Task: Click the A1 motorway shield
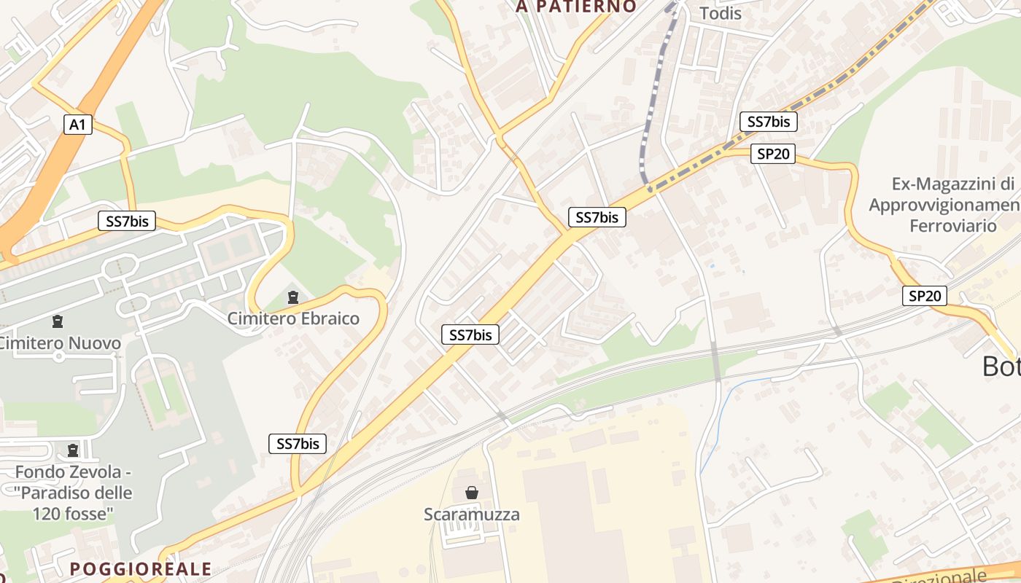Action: (x=77, y=125)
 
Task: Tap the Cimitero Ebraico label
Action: (x=293, y=318)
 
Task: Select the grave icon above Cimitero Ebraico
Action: (x=293, y=297)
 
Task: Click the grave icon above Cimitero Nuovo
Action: (x=57, y=321)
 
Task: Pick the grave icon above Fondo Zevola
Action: (x=72, y=451)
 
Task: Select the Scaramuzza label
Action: (x=472, y=514)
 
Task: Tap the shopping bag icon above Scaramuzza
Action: (x=472, y=493)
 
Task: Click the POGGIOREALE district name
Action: (x=141, y=569)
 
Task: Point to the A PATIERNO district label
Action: (x=576, y=7)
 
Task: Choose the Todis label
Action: (x=720, y=13)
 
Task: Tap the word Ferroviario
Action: (x=952, y=226)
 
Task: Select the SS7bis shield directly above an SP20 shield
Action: (x=769, y=122)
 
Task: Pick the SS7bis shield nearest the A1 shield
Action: (x=127, y=222)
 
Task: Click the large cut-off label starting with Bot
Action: (x=1001, y=366)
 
